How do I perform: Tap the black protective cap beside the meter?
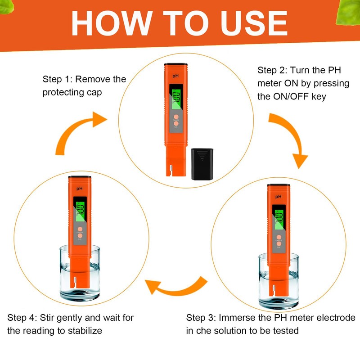[x=202, y=164]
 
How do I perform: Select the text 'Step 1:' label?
[x=58, y=79]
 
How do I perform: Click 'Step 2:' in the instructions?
[x=272, y=70]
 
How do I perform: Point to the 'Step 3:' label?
[x=201, y=318]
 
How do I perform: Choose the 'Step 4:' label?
[x=22, y=318]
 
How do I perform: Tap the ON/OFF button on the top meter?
[x=176, y=117]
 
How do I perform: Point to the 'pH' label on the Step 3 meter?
[x=278, y=197]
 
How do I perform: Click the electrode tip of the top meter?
[x=171, y=171]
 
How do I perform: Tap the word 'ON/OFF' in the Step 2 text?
[x=290, y=97]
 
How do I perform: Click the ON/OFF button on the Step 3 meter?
[x=279, y=237]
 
